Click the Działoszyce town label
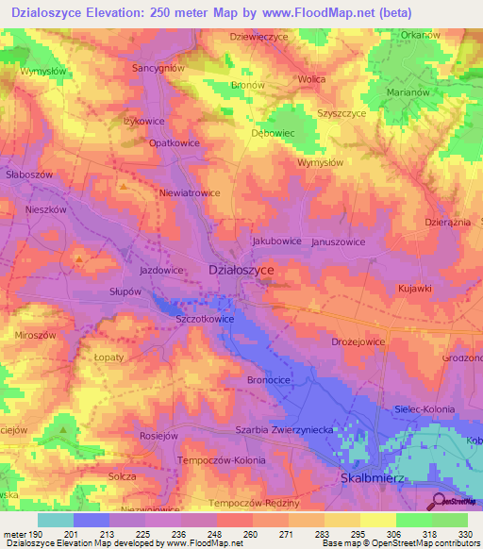coord(241,270)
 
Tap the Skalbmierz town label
coord(376,479)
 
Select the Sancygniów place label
coord(158,69)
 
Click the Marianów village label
coord(408,92)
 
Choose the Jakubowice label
coord(276,241)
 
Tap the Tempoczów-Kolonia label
coord(222,459)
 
